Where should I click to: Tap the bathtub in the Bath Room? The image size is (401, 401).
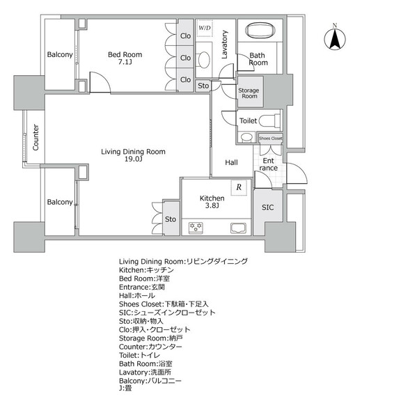(260, 31)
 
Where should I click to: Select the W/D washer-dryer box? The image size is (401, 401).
(205, 28)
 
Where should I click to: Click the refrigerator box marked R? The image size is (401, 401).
(239, 188)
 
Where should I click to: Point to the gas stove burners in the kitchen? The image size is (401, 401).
(196, 228)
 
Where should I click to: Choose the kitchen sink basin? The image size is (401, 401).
(238, 228)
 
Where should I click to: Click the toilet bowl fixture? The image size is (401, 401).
(269, 120)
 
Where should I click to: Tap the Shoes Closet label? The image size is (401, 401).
(271, 139)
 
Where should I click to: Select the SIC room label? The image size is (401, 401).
(268, 207)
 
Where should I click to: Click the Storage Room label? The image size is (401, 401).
(249, 93)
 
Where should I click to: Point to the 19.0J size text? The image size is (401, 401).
(133, 159)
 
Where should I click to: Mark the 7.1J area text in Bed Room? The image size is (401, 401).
(125, 62)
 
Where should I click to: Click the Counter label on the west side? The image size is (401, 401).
(36, 137)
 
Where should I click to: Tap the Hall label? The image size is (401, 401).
(231, 162)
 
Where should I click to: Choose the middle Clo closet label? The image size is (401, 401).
(185, 58)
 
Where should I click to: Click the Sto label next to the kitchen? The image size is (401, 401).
(171, 219)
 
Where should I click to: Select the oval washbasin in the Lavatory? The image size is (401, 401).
(204, 60)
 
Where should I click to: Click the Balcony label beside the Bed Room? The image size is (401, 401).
(60, 55)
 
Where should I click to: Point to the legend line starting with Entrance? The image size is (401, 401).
(142, 288)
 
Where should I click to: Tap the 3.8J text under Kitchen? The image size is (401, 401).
(212, 205)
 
